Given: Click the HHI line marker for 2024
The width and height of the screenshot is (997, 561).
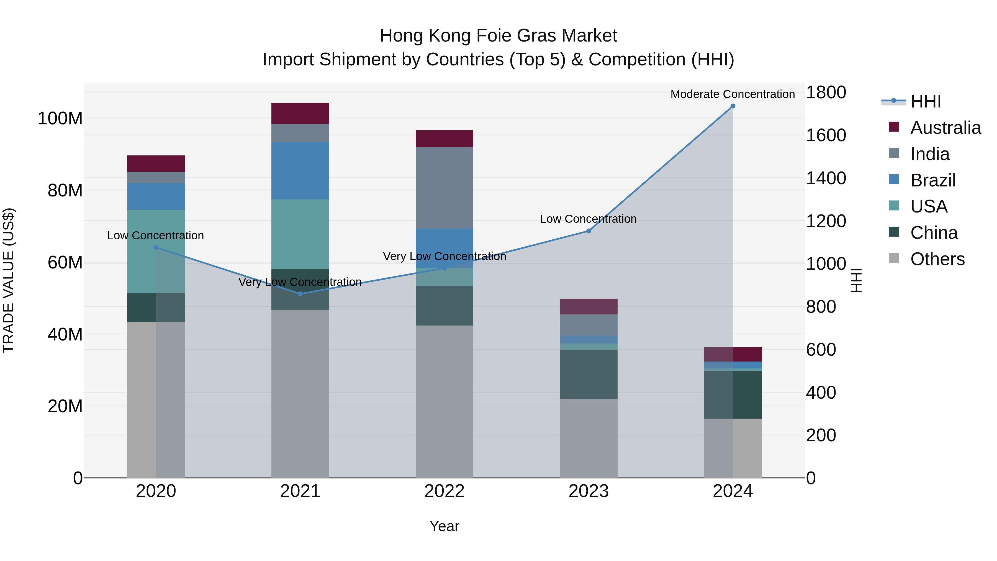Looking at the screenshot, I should point(733,106).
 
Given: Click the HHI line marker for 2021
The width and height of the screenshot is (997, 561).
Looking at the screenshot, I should point(300,294).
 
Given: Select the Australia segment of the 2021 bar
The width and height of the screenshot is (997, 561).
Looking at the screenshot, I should point(300,113).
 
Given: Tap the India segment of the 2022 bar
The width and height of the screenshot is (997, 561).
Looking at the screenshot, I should point(444,188).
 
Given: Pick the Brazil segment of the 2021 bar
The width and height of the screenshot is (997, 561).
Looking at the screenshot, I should point(300,170).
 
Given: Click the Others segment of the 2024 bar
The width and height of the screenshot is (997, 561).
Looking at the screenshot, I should point(733,448).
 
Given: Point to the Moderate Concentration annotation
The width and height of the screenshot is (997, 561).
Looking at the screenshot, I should point(732,94).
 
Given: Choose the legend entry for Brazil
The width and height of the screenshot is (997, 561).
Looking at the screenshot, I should point(933,180).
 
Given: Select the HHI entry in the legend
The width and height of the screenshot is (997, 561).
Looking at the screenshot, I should point(925,101).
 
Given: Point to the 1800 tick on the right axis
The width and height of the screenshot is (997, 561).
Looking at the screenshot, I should point(826,93).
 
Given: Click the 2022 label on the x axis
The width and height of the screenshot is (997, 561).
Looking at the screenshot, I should point(444,491).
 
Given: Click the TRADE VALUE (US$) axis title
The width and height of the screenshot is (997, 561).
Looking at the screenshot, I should point(9,280).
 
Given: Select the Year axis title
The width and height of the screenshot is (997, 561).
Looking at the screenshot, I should point(444,526).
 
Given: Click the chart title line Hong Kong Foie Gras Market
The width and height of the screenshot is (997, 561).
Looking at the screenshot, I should point(498,36).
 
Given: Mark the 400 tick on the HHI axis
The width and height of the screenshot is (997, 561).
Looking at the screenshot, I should point(821,393).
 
